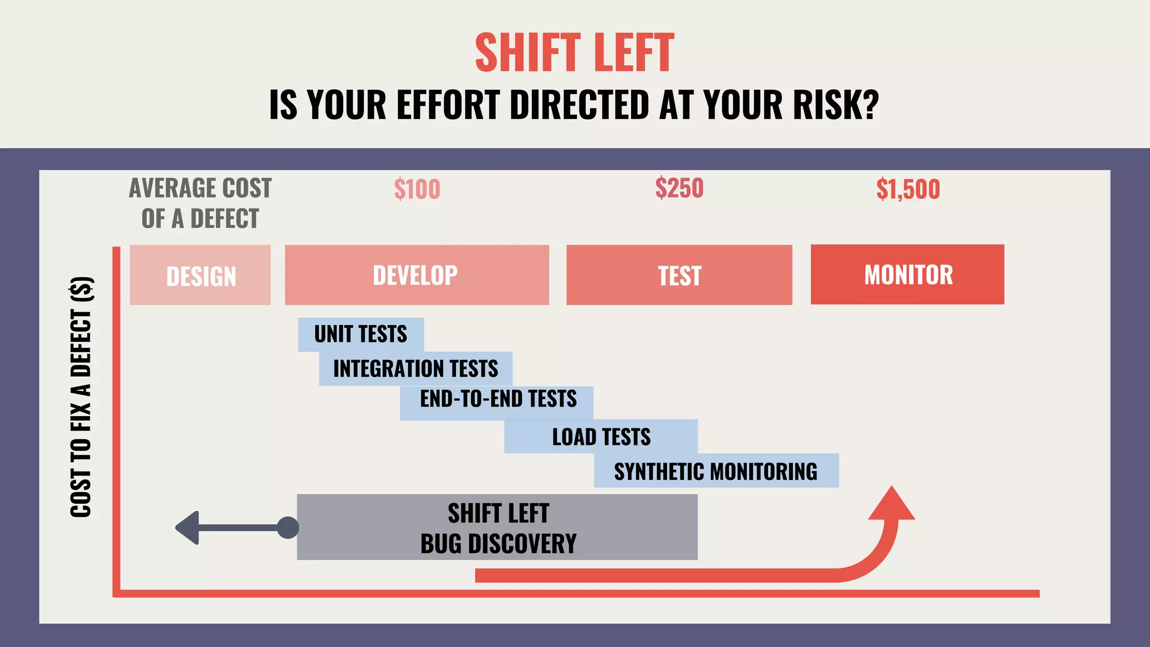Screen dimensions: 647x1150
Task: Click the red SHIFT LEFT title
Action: (574, 53)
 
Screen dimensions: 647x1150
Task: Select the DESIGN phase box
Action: (200, 275)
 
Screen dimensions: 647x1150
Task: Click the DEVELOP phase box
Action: (416, 275)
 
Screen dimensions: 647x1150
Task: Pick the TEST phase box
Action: (679, 275)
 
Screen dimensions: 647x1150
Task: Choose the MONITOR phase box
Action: (907, 275)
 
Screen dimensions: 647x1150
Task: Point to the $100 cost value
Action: (417, 189)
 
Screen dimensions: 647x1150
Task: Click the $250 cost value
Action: (679, 188)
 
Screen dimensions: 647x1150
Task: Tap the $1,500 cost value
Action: (907, 189)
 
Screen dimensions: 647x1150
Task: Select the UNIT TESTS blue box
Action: (360, 334)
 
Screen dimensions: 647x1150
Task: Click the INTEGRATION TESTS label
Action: (416, 369)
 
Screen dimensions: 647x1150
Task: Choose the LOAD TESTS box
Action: (601, 437)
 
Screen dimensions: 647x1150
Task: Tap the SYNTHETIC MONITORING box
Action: (715, 471)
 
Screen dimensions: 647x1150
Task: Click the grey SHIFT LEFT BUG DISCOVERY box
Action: (498, 527)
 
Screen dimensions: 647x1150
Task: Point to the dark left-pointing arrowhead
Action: (188, 527)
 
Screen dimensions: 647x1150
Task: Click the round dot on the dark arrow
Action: (288, 527)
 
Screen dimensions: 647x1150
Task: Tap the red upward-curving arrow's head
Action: (891, 504)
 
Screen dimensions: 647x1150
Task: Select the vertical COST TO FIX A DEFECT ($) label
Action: (81, 397)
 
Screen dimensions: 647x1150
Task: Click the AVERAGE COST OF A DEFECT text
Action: (200, 203)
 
